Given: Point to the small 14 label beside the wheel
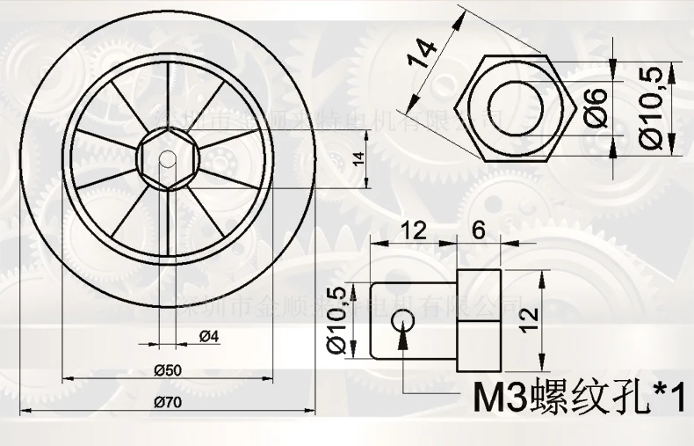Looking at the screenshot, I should [x=358, y=158].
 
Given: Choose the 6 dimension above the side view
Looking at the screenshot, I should [x=478, y=230].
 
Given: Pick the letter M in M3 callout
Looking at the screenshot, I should [x=489, y=397].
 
